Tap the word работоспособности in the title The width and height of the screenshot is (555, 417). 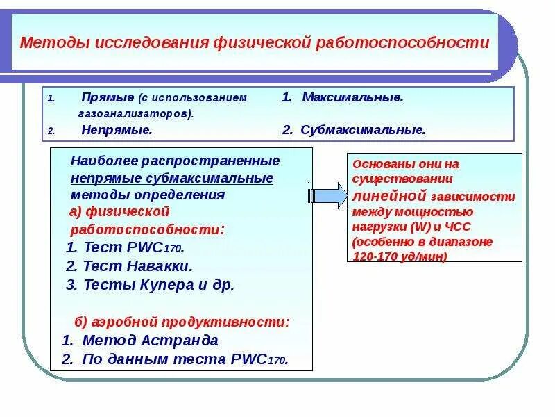(x=403, y=43)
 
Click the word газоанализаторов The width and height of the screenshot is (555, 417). (x=135, y=113)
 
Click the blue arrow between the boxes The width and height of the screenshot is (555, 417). (x=329, y=195)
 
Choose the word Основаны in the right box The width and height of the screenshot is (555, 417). (x=378, y=164)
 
